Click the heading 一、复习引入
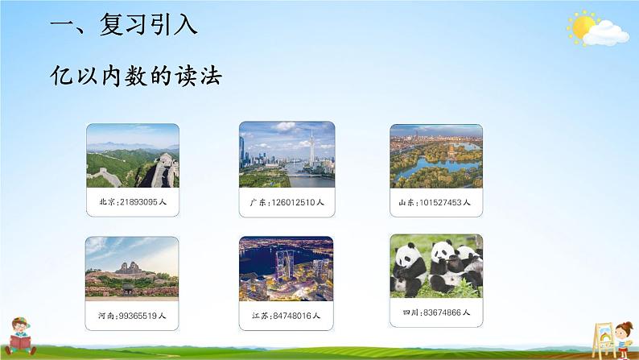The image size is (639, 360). [123, 27]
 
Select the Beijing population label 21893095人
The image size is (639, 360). [132, 202]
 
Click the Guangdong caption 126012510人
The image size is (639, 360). [287, 202]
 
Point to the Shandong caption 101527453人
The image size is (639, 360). [435, 202]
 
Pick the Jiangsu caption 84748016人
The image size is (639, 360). [286, 316]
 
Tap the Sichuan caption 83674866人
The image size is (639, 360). [436, 311]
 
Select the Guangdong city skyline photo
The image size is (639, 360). [287, 155]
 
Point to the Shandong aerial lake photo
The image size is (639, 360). [436, 156]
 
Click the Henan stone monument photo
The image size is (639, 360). [132, 268]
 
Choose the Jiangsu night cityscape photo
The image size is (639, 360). [286, 268]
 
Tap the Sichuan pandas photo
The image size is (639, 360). [436, 266]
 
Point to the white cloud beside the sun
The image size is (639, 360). [609, 33]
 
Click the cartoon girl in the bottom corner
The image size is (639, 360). [620, 333]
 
